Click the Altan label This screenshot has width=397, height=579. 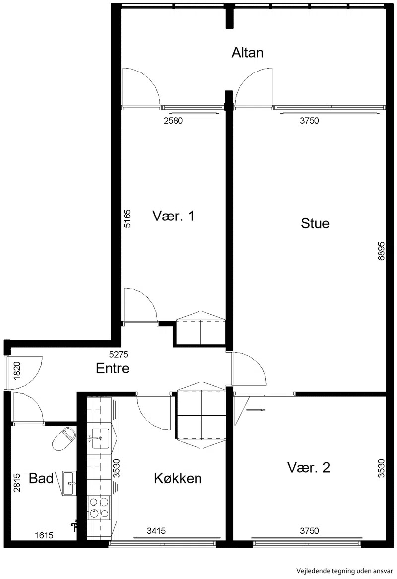coord(247,53)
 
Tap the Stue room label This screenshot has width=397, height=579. coord(315,223)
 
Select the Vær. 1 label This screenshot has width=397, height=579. coord(173,216)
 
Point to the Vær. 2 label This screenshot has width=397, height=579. coord(309,467)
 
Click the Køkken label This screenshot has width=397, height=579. coord(178,478)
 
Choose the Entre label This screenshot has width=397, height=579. coord(113,368)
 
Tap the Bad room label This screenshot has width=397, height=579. coord(41,478)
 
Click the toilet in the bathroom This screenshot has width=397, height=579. coord(64,438)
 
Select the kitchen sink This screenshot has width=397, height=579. coord(100,438)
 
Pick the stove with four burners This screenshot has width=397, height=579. coord(99,507)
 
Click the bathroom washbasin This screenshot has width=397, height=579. coord(69,483)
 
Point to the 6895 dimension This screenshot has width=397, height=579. coord(381,251)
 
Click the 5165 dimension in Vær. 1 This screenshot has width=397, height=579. coord(127,219)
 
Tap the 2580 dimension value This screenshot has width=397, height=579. coord(173,120)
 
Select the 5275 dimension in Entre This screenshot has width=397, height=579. coord(119,354)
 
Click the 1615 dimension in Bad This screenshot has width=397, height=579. coord(44,535)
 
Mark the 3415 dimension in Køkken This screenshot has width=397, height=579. coord(156,531)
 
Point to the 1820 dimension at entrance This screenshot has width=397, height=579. coord(17,371)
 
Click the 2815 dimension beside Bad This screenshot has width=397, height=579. coord(17,482)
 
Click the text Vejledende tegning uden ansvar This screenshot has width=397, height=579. coord(344,571)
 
